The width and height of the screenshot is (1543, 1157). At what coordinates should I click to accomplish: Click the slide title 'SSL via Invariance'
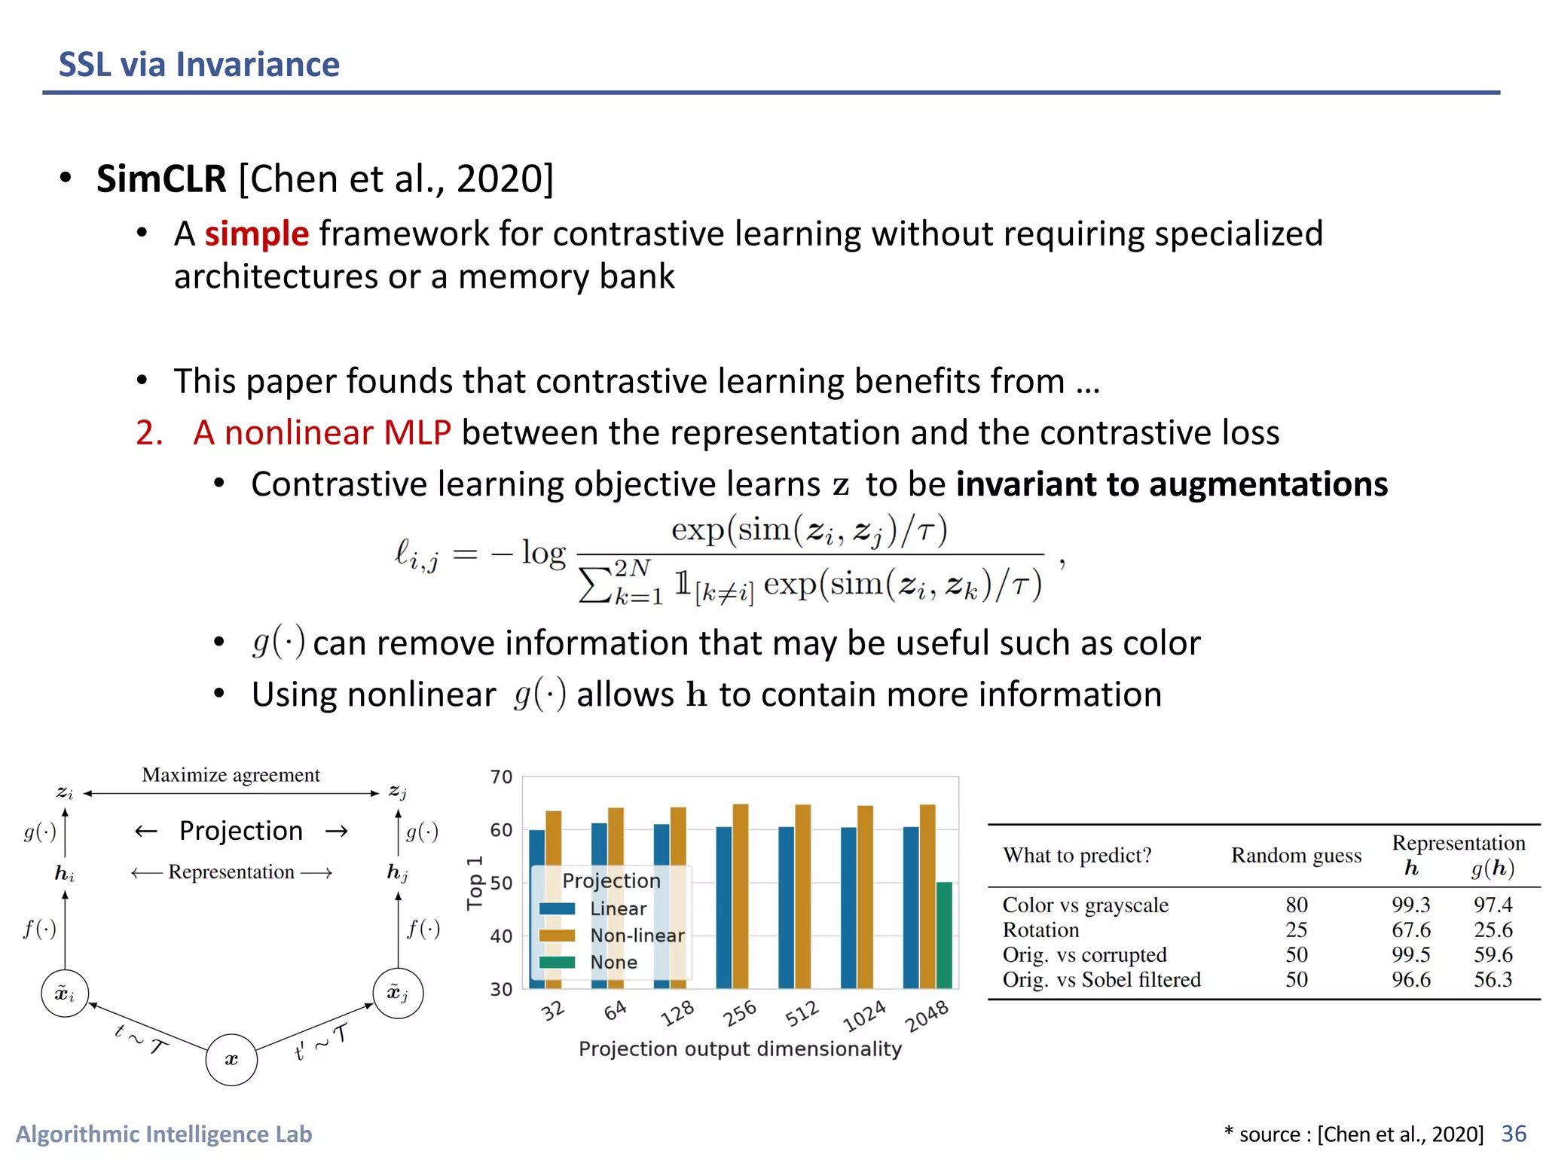tap(199, 65)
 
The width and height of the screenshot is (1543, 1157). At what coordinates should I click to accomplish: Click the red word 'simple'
tap(256, 234)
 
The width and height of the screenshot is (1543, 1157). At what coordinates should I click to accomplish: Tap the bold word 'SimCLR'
tap(161, 179)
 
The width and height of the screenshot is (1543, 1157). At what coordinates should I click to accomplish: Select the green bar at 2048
tap(944, 935)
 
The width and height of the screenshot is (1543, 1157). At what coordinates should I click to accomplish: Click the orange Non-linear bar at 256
tap(741, 896)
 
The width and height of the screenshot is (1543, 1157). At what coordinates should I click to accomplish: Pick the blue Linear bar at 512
tap(786, 908)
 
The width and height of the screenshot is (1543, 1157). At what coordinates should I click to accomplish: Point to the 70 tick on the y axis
tap(501, 777)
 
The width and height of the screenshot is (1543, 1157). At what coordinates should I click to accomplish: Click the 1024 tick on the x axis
tap(864, 1016)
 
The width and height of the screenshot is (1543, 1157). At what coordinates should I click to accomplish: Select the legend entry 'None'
tap(613, 963)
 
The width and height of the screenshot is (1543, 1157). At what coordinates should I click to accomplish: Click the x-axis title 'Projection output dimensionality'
tap(740, 1049)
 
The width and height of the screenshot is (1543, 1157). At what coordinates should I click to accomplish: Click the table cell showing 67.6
tap(1410, 930)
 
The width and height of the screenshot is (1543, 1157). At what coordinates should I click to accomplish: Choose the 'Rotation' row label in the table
tap(1040, 930)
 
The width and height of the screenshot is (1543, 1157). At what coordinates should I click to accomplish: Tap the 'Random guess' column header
tap(1296, 856)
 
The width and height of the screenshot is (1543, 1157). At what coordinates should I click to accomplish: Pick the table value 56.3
tap(1493, 979)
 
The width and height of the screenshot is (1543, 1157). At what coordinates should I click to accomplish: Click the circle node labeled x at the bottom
tap(231, 1060)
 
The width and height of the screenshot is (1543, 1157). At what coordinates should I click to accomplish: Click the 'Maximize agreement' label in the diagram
tap(231, 775)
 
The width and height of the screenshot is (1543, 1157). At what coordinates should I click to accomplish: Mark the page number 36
tap(1514, 1134)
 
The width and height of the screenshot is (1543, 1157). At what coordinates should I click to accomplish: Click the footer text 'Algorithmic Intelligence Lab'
tap(163, 1134)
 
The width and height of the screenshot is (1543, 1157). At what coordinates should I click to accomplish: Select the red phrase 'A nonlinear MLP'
tap(322, 433)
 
